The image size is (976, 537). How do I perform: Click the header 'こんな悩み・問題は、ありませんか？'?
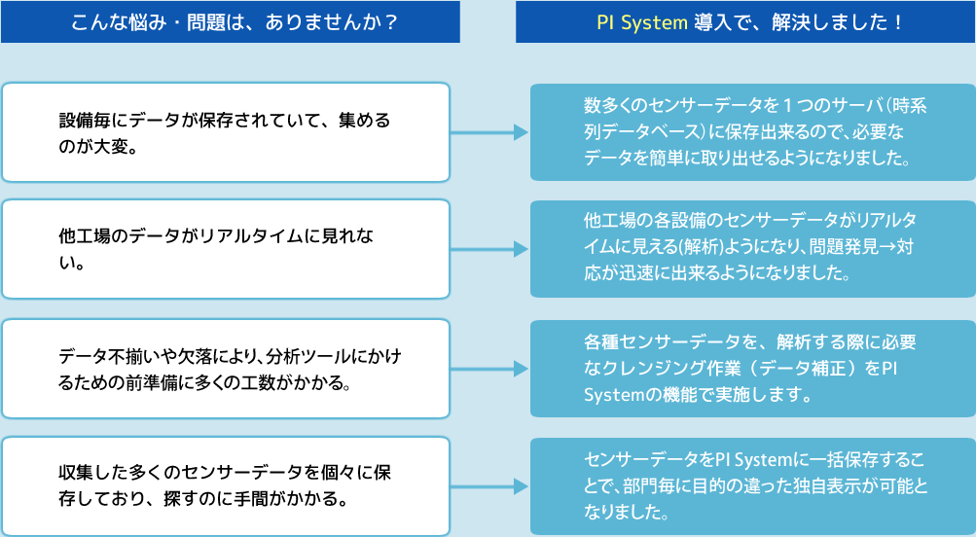pyautogui.click(x=230, y=22)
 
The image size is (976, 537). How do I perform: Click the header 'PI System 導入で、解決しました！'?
pyautogui.click(x=745, y=22)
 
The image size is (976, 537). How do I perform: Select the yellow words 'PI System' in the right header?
pyautogui.click(x=641, y=22)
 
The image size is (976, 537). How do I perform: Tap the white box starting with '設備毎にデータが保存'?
pyautogui.click(x=226, y=132)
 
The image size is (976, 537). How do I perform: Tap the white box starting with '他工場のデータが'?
pyautogui.click(x=226, y=249)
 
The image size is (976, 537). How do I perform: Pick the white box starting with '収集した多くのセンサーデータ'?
pyautogui.click(x=226, y=485)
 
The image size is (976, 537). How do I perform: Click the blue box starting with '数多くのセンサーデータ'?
pyautogui.click(x=752, y=132)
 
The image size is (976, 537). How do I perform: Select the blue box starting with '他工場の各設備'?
pyautogui.click(x=752, y=249)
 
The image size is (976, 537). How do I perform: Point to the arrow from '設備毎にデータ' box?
pyautogui.click(x=490, y=132)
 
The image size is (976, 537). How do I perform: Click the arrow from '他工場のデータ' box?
pyautogui.click(x=490, y=249)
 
